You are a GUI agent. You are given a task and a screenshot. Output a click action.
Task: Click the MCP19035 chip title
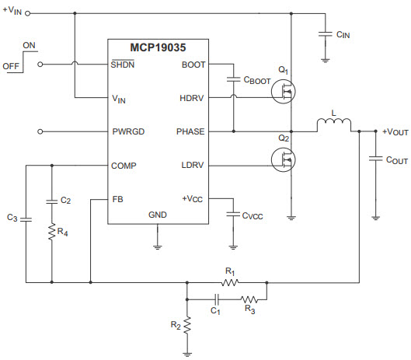(x=158, y=47)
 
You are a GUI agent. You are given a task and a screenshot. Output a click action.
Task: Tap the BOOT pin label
(x=193, y=65)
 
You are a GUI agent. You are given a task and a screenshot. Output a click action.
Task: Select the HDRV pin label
(x=192, y=98)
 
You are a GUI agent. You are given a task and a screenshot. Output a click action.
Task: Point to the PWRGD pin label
(x=128, y=131)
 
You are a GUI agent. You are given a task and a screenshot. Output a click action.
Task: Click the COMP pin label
(x=124, y=166)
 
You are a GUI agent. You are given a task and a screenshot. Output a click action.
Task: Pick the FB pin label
(x=117, y=199)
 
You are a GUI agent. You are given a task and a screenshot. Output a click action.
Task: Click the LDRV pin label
(x=193, y=165)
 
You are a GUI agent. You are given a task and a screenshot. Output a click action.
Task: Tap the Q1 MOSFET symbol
(x=284, y=92)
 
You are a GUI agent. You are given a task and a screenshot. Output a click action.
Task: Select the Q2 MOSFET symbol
(x=284, y=160)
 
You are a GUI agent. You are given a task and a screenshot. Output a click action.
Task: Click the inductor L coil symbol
(x=334, y=123)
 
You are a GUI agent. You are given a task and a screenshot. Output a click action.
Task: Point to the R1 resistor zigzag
(x=230, y=282)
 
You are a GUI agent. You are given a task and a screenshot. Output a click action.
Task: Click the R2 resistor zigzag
(x=187, y=326)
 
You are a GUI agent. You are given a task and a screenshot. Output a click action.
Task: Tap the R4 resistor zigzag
(x=52, y=232)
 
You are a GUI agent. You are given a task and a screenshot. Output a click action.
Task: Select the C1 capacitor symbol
(x=217, y=299)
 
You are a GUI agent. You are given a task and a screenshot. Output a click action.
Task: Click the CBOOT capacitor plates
(x=233, y=79)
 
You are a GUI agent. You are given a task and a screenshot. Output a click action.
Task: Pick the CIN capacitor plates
(x=326, y=34)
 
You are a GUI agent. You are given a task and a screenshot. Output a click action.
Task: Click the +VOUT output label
(x=395, y=131)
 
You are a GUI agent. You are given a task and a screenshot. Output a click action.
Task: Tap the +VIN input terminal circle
(x=27, y=13)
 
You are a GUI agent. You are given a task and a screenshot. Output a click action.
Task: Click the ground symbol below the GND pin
(x=157, y=247)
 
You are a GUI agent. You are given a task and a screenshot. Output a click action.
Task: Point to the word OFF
(x=11, y=66)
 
